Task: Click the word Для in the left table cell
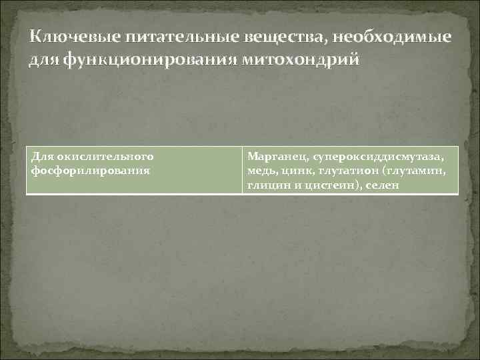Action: (41, 156)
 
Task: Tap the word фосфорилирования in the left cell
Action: (91, 171)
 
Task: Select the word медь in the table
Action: (260, 171)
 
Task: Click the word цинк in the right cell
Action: (294, 171)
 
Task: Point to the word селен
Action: (382, 185)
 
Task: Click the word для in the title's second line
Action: (44, 61)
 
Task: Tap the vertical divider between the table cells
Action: (241, 171)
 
